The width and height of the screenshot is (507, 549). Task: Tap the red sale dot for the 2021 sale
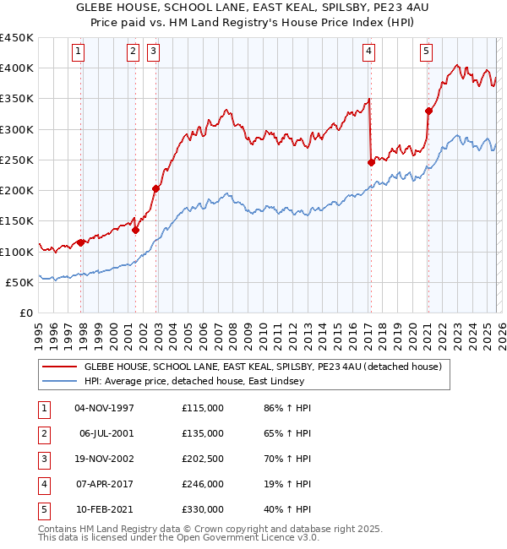(x=428, y=110)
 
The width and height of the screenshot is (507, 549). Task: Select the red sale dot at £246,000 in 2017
(x=371, y=162)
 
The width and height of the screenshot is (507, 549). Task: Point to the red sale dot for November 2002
(x=155, y=188)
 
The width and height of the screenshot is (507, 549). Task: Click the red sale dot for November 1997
(x=80, y=242)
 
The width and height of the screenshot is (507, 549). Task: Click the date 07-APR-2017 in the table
(x=105, y=484)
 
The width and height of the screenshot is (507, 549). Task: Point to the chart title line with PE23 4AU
(x=253, y=8)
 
